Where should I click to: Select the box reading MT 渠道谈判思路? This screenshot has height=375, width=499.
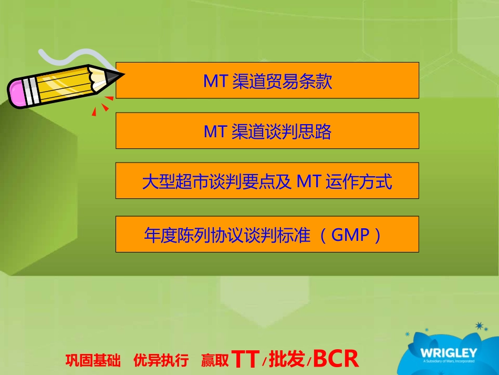click(267, 131)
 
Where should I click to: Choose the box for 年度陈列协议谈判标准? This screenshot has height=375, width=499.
click(267, 235)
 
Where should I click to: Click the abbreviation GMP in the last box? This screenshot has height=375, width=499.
click(351, 235)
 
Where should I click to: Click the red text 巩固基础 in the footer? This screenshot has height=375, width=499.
click(93, 361)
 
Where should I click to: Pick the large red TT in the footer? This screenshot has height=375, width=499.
click(245, 359)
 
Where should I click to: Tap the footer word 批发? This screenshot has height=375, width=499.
click(287, 360)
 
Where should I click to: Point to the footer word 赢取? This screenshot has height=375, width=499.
click(214, 361)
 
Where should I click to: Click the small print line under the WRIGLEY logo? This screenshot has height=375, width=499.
click(448, 361)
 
